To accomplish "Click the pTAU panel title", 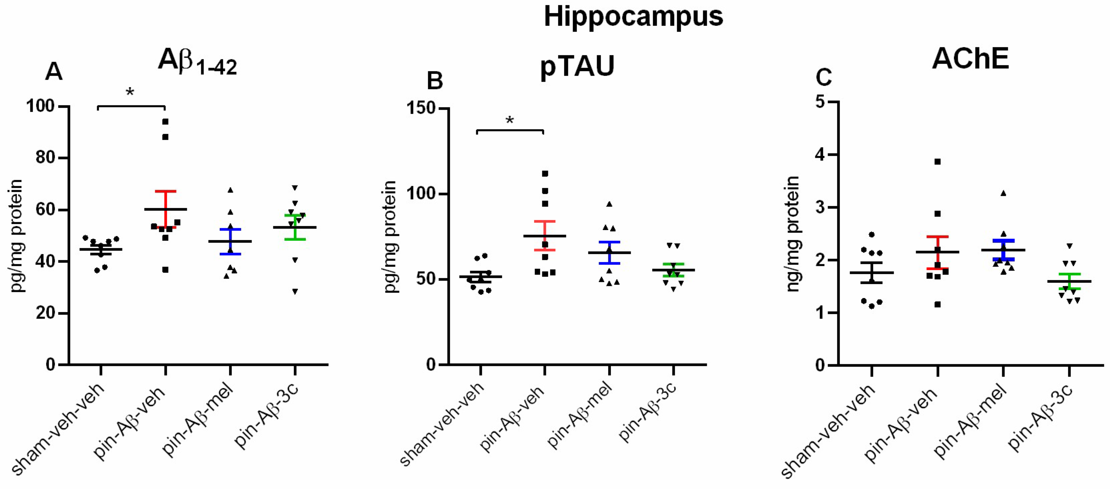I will [x=577, y=67].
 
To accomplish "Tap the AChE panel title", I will [x=970, y=59].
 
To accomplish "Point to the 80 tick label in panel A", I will [x=45, y=158].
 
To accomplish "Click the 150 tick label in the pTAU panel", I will [x=422, y=108].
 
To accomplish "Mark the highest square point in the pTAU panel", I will [x=545, y=174].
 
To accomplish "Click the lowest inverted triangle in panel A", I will [x=295, y=292].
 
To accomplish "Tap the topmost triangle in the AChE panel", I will [x=1003, y=193].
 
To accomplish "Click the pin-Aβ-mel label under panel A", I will [x=198, y=421].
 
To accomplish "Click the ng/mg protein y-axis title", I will [x=793, y=234].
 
